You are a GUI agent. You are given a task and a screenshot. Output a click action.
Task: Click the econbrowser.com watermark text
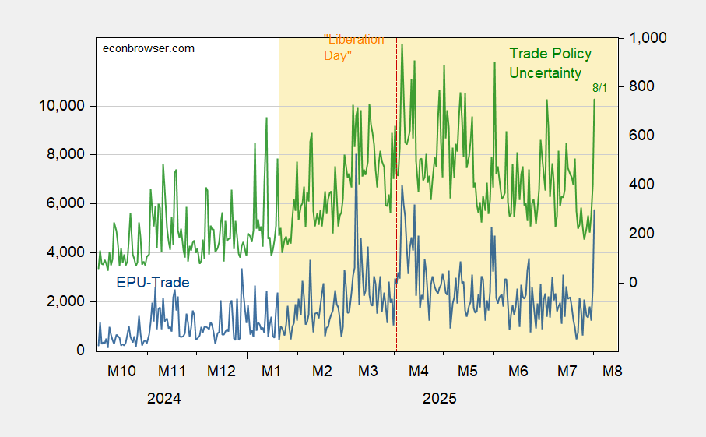pos(149,48)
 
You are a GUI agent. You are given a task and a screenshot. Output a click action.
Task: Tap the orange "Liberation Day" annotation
pos(353,48)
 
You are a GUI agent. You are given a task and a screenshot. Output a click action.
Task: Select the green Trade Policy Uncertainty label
pos(550,63)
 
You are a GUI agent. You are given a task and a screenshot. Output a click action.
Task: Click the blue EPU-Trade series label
pos(153,282)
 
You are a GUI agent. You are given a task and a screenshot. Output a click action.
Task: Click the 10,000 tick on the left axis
pos(61,106)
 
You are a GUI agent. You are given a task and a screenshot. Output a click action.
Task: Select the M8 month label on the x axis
pos(613,371)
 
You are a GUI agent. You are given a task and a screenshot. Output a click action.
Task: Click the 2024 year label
pos(164,399)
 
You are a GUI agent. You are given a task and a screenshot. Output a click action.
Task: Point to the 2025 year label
pos(440,399)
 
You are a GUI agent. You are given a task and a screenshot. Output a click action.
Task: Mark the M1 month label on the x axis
pos(271,371)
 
